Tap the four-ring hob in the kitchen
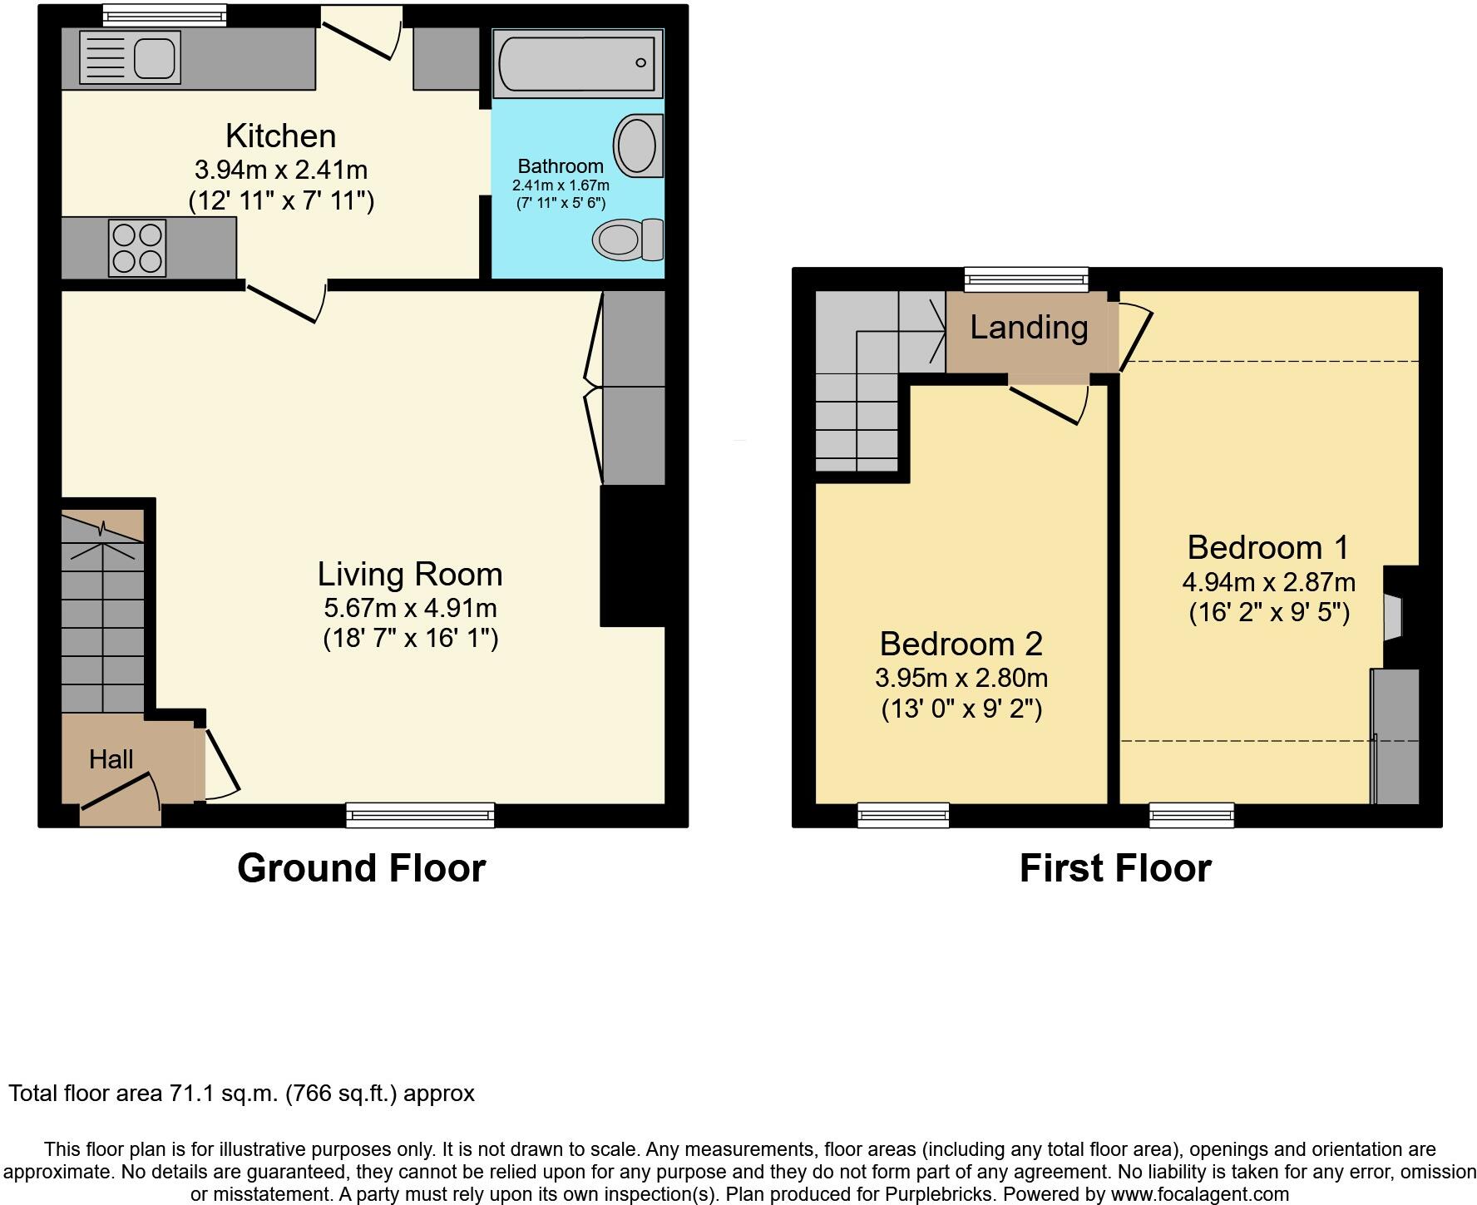pos(137,248)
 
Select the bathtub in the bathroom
pos(577,63)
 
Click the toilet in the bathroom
pos(625,240)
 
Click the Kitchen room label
pos(280,136)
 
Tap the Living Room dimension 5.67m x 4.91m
pos(410,607)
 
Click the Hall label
pos(111,759)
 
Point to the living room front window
pos(420,815)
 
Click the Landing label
pos(1029,328)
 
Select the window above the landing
pos(1026,279)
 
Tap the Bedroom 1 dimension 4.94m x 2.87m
pos(1268,582)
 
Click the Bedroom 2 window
pos(903,815)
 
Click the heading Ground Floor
pos(361,868)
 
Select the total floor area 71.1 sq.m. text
pos(241,1093)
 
